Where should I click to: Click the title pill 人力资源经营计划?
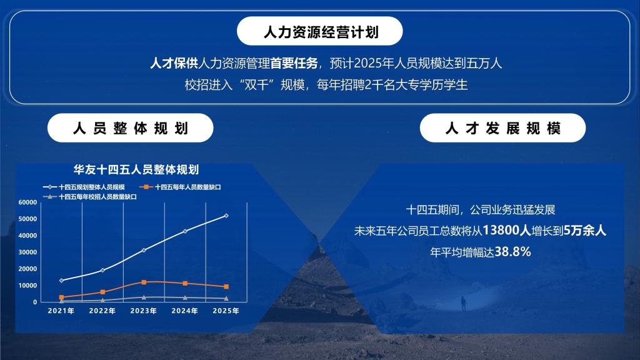(319, 31)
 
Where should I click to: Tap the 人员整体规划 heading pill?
(130, 127)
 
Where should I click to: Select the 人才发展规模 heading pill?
(502, 127)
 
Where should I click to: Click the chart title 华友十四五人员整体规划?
(136, 169)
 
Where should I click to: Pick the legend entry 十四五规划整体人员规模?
(84, 187)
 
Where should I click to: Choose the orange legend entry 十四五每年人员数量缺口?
(180, 187)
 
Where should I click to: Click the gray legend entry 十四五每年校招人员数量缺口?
(90, 197)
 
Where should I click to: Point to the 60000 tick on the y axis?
(27, 202)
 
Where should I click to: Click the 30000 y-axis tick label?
(27, 252)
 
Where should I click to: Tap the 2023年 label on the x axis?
(144, 311)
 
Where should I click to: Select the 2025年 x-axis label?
(226, 311)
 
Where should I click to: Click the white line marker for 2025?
(226, 216)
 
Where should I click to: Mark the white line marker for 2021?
(62, 281)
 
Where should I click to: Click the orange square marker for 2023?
(144, 282)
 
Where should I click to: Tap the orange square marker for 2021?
(62, 297)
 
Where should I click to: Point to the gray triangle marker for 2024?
(185, 298)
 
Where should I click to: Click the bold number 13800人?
(506, 230)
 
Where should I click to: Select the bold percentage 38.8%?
(512, 251)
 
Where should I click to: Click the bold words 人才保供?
(174, 63)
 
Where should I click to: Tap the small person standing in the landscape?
(463, 304)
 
